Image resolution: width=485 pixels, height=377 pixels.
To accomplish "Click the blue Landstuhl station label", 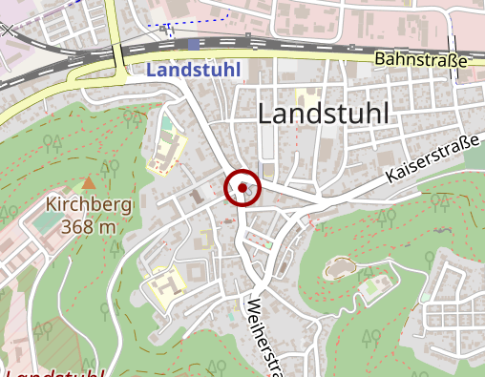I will (195, 70).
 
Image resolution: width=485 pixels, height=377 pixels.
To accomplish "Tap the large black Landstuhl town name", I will (325, 113).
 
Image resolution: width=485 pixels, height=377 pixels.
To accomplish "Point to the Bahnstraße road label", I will (421, 60).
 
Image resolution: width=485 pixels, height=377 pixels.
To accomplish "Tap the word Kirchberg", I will (89, 204).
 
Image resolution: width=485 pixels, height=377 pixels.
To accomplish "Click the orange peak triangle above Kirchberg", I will (89, 181).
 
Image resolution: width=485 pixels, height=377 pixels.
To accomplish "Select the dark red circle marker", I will (244, 188).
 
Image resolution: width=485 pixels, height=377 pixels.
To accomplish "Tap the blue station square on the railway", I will (195, 44).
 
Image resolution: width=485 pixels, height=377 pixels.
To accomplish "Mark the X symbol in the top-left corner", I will (9, 30).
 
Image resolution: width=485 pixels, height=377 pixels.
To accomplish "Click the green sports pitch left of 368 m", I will (45, 222).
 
